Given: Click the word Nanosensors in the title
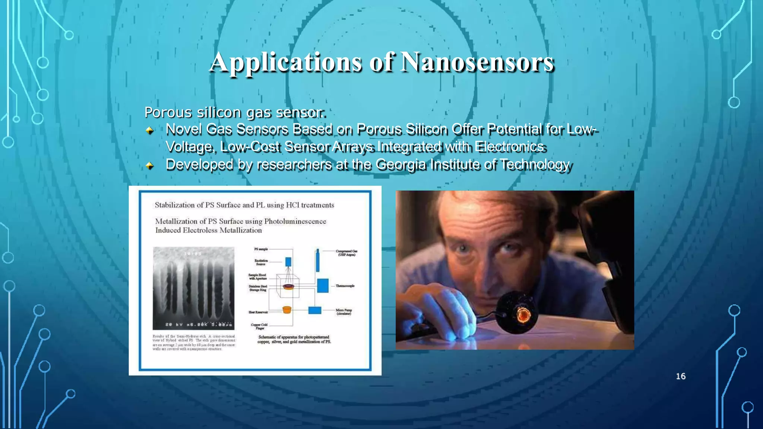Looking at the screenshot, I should coord(477,62).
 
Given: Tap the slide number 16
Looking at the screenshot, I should coord(681,376).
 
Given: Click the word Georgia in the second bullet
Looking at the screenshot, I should coord(401,164).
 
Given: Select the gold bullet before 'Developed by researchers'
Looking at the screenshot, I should coord(150,165).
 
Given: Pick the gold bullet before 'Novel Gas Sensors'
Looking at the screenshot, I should coord(150,130).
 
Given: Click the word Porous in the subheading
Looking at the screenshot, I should coord(168,112).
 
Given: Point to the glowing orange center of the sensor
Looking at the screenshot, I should coord(522,315).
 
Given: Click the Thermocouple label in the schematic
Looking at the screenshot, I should coord(345,286).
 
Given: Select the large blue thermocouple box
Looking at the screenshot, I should coord(323,286).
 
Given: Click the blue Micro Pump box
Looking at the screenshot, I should coord(315,310).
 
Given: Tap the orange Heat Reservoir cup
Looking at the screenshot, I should coord(286,310).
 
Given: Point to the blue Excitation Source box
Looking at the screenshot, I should coord(288,262).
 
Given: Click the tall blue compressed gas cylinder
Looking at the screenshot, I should coord(317,261).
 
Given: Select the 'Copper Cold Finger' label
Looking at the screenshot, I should coord(259,326).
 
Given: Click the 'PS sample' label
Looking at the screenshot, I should coord(261,249).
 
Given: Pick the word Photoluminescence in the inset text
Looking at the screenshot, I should coord(295,222).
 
